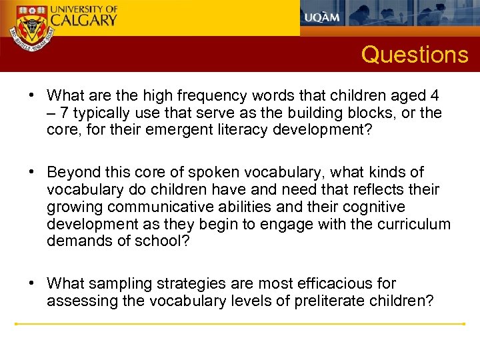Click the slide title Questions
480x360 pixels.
(415, 54)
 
